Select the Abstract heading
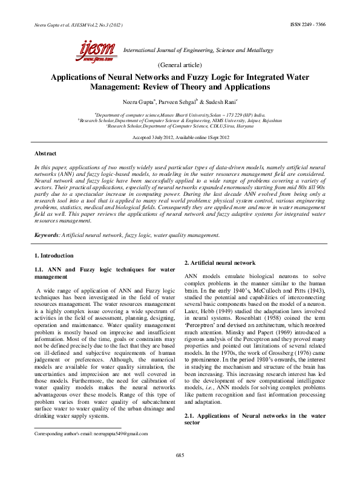(46, 155)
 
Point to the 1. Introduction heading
(54, 256)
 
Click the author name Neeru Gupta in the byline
(139, 102)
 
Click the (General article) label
(180, 65)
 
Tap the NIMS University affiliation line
(180, 120)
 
